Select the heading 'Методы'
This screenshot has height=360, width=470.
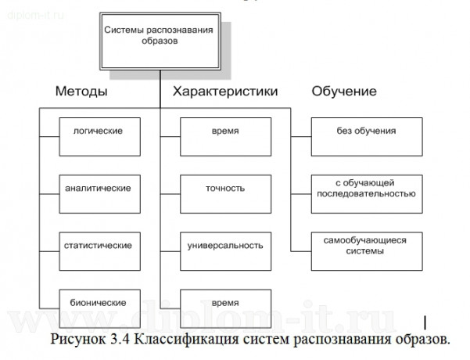(x=81, y=92)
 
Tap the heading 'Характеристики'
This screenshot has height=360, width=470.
(x=224, y=92)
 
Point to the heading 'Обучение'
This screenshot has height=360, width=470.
(x=344, y=92)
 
